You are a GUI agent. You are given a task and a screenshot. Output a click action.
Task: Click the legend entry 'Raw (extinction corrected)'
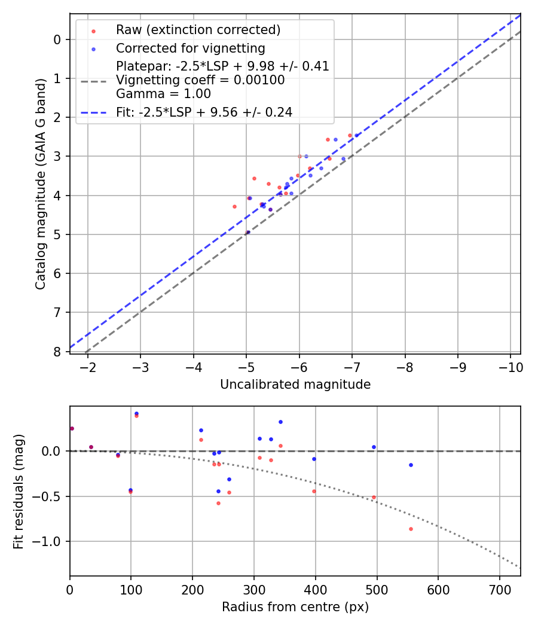tap(198, 30)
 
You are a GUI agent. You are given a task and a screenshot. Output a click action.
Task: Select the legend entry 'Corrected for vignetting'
tap(190, 48)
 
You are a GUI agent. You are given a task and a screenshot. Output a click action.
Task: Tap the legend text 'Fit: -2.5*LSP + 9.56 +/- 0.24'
tap(204, 112)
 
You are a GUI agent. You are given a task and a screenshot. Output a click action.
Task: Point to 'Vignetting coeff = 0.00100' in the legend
tap(200, 80)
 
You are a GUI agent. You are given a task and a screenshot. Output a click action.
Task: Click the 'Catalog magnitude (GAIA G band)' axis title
tap(41, 184)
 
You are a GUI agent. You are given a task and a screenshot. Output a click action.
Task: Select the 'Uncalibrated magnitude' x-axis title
tap(295, 385)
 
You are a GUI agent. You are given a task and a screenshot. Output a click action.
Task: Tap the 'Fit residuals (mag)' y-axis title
tap(19, 491)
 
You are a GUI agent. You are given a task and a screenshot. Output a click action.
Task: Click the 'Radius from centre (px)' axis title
tap(295, 607)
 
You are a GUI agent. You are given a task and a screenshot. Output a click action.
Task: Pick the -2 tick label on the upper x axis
tap(88, 366)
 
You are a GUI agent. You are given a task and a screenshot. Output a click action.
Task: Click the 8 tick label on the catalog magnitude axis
tap(57, 352)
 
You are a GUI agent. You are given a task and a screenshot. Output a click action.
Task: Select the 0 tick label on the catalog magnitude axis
tap(57, 39)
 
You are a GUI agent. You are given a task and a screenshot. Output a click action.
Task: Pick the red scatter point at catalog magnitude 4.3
tap(234, 206)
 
